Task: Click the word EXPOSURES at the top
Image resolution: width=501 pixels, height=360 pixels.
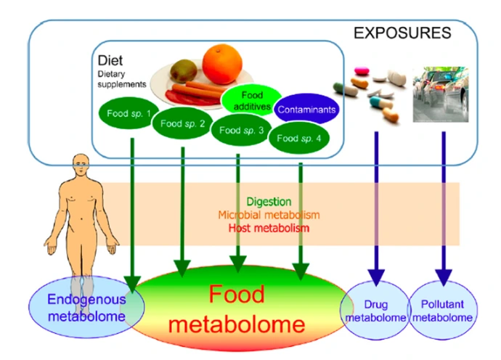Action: point(402,33)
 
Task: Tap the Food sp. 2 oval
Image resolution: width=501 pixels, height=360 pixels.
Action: point(182,123)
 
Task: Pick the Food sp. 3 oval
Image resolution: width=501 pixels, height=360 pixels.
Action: point(240,131)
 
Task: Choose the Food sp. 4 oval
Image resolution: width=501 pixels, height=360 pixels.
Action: point(298,137)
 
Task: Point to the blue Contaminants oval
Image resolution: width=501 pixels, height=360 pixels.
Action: point(307,111)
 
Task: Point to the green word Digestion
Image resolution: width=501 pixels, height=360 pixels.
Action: point(268,201)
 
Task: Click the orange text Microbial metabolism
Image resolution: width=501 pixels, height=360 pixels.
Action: point(268,215)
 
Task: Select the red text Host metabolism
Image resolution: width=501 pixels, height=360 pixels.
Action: point(268,228)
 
